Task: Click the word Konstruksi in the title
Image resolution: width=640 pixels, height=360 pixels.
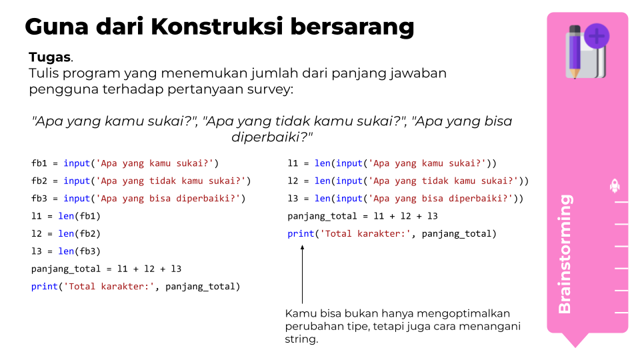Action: click(x=216, y=27)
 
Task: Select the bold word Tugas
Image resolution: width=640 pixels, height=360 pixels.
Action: click(x=49, y=57)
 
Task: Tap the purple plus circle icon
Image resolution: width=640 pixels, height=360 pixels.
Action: click(x=596, y=36)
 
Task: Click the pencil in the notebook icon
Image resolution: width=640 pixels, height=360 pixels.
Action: click(x=575, y=52)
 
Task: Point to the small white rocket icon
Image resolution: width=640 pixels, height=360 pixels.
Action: click(x=614, y=186)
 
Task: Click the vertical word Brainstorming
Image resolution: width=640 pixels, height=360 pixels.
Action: click(x=565, y=254)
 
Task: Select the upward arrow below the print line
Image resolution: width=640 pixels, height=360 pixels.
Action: click(x=302, y=274)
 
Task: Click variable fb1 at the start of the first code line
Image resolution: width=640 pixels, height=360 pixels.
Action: click(x=39, y=163)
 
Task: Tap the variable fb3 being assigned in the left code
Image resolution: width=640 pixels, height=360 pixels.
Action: click(x=39, y=199)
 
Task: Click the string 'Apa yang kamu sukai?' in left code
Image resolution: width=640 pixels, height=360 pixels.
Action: click(x=155, y=163)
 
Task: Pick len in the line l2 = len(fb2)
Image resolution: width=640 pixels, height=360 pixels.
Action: click(x=66, y=233)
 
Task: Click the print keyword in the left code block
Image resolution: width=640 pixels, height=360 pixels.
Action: click(x=45, y=287)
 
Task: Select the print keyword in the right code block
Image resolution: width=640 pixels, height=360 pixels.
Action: click(x=301, y=234)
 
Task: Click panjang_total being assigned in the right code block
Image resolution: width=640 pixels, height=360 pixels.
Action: click(x=322, y=216)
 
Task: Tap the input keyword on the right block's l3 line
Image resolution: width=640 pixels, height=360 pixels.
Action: click(x=349, y=199)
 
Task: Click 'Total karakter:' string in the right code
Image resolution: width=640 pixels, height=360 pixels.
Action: click(x=365, y=234)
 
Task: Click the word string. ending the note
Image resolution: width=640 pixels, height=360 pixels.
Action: click(x=301, y=339)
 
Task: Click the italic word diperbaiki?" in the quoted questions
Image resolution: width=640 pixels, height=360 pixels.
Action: click(x=272, y=137)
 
